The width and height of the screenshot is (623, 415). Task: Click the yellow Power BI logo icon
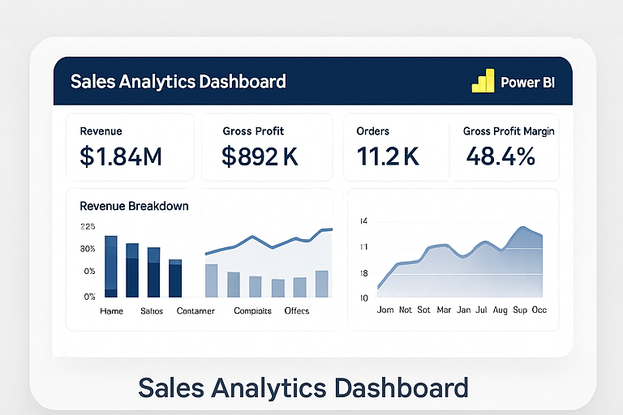click(483, 81)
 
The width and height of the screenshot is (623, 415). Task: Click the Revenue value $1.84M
click(121, 156)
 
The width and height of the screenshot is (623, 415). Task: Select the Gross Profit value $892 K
click(260, 156)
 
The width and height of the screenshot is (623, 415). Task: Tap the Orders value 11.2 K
click(388, 156)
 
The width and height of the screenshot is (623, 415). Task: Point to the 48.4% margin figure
click(501, 156)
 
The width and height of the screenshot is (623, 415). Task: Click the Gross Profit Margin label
click(509, 131)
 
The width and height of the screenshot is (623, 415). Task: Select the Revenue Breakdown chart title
click(134, 206)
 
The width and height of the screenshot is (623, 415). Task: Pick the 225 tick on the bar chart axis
click(88, 227)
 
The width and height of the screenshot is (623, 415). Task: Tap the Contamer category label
click(195, 311)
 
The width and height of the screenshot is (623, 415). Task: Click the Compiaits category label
click(251, 311)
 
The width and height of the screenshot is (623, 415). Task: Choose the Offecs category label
click(297, 311)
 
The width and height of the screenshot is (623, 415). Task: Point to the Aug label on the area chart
click(500, 310)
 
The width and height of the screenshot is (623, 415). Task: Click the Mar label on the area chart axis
click(444, 310)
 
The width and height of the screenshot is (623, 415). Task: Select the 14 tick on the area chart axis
click(363, 221)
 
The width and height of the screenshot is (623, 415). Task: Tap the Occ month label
click(539, 310)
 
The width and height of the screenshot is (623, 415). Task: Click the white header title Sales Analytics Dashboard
click(178, 82)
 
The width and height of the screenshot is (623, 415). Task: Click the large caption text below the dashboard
click(303, 387)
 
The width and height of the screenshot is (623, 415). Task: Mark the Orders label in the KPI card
click(372, 131)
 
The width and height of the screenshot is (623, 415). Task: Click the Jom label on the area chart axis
click(386, 310)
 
